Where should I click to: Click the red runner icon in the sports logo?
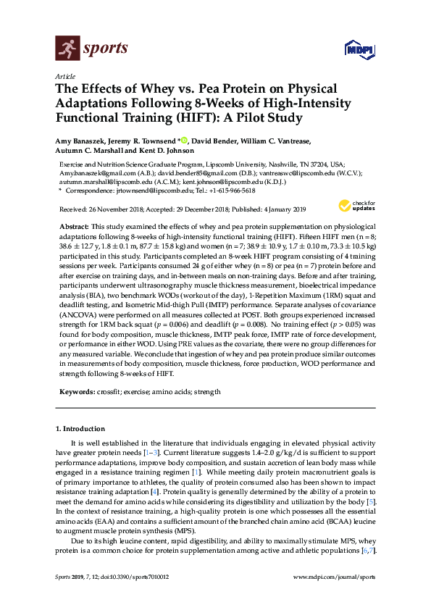(x=67, y=49)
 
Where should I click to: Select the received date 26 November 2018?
(x=125, y=209)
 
